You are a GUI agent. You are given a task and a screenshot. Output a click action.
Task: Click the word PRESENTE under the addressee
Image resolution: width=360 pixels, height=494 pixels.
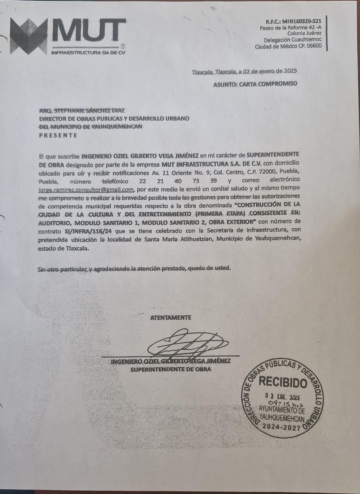[x=58, y=135]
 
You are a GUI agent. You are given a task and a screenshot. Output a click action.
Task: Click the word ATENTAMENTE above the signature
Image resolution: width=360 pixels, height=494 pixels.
[x=171, y=318]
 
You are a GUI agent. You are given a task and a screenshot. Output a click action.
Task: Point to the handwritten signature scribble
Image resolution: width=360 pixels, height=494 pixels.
[x=187, y=344]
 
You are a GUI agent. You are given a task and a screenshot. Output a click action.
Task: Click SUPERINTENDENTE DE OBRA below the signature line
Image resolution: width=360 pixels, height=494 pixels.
[x=171, y=369]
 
